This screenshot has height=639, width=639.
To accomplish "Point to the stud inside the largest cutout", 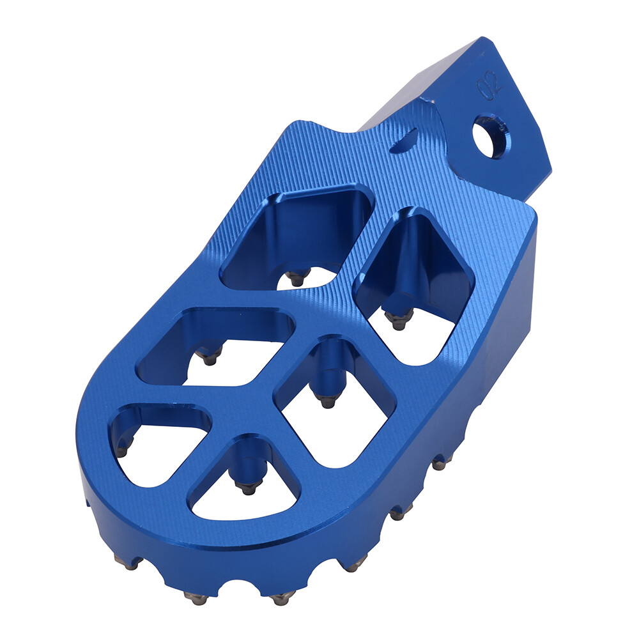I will [295, 279].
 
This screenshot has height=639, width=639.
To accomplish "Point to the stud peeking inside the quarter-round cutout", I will [123, 447].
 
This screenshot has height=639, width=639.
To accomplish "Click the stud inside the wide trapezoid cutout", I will [208, 358].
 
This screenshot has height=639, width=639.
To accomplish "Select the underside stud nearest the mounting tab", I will [438, 463].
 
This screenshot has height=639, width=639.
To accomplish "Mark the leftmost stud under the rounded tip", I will [125, 564].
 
